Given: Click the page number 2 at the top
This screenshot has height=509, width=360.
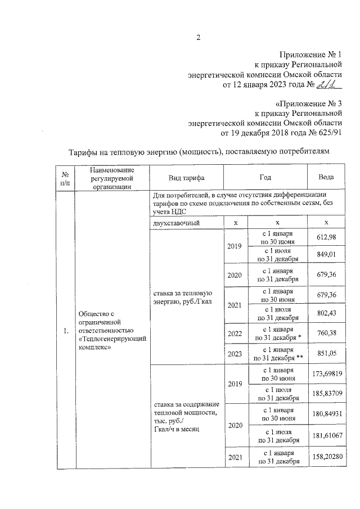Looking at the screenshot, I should pyautogui.click(x=198, y=38).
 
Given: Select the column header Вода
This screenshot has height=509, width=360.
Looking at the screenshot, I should pyautogui.click(x=326, y=177).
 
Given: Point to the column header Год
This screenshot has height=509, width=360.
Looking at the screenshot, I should pyautogui.click(x=265, y=177).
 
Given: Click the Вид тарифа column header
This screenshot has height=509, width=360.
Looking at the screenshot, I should pyautogui.click(x=186, y=177).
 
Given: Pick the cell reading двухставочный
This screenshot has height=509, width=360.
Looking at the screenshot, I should pyautogui.click(x=175, y=223).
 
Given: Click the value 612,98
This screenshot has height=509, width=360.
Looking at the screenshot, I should pyautogui.click(x=326, y=238).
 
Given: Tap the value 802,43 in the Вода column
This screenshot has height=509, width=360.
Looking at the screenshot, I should pyautogui.click(x=326, y=313).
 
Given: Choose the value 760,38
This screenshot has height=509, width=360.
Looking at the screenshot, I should pyautogui.click(x=326, y=333).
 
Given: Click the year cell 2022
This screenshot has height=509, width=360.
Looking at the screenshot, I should pyautogui.click(x=235, y=333).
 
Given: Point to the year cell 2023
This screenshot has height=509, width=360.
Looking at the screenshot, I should pyautogui.click(x=235, y=353).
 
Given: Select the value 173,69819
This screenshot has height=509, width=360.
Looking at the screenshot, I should pyautogui.click(x=326, y=373).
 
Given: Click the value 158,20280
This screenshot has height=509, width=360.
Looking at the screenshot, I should pyautogui.click(x=326, y=459).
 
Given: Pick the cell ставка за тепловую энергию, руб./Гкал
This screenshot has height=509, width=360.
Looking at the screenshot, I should pyautogui.click(x=182, y=297).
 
